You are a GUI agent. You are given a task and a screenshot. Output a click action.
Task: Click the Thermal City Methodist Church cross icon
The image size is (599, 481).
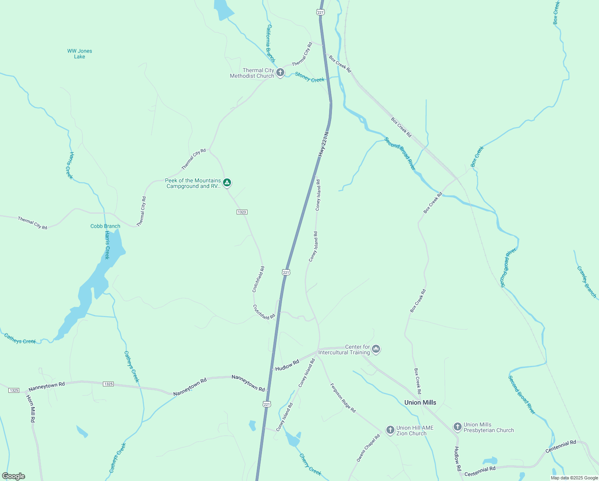(280, 73)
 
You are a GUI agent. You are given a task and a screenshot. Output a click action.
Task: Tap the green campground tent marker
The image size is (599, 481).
(227, 183)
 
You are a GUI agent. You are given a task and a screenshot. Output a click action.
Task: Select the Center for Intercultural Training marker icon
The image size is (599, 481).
(376, 350)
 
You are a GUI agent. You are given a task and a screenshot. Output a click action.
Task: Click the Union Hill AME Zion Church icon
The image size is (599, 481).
(390, 430)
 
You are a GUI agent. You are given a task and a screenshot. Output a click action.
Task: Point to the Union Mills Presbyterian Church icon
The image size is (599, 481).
(457, 427)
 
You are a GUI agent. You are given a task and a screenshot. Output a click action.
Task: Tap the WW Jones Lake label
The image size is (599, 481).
(80, 54)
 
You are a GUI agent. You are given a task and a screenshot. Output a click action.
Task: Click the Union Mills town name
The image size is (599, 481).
(420, 402)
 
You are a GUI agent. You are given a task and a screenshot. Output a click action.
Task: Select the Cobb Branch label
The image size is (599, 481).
(105, 226)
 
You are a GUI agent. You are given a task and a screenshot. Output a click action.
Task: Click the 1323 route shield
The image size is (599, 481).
(242, 212)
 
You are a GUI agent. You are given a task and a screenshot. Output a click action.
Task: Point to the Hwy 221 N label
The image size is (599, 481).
(324, 144)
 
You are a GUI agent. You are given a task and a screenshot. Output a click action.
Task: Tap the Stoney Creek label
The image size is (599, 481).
(310, 77)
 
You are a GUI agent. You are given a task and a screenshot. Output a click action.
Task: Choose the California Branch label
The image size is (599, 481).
(271, 43)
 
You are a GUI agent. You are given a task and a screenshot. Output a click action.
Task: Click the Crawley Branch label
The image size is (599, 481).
(587, 282)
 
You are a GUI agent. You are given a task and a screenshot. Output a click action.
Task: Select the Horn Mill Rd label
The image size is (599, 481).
(31, 408)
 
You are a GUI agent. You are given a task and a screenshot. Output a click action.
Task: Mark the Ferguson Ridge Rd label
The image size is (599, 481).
(343, 398)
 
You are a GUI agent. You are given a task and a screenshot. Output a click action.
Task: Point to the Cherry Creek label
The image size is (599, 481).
(310, 465)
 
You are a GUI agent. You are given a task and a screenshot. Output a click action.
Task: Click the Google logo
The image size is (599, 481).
(14, 476)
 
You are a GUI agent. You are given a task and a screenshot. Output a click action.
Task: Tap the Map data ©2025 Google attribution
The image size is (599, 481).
(574, 478)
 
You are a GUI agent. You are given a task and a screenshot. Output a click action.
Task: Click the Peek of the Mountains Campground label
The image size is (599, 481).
(193, 183)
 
